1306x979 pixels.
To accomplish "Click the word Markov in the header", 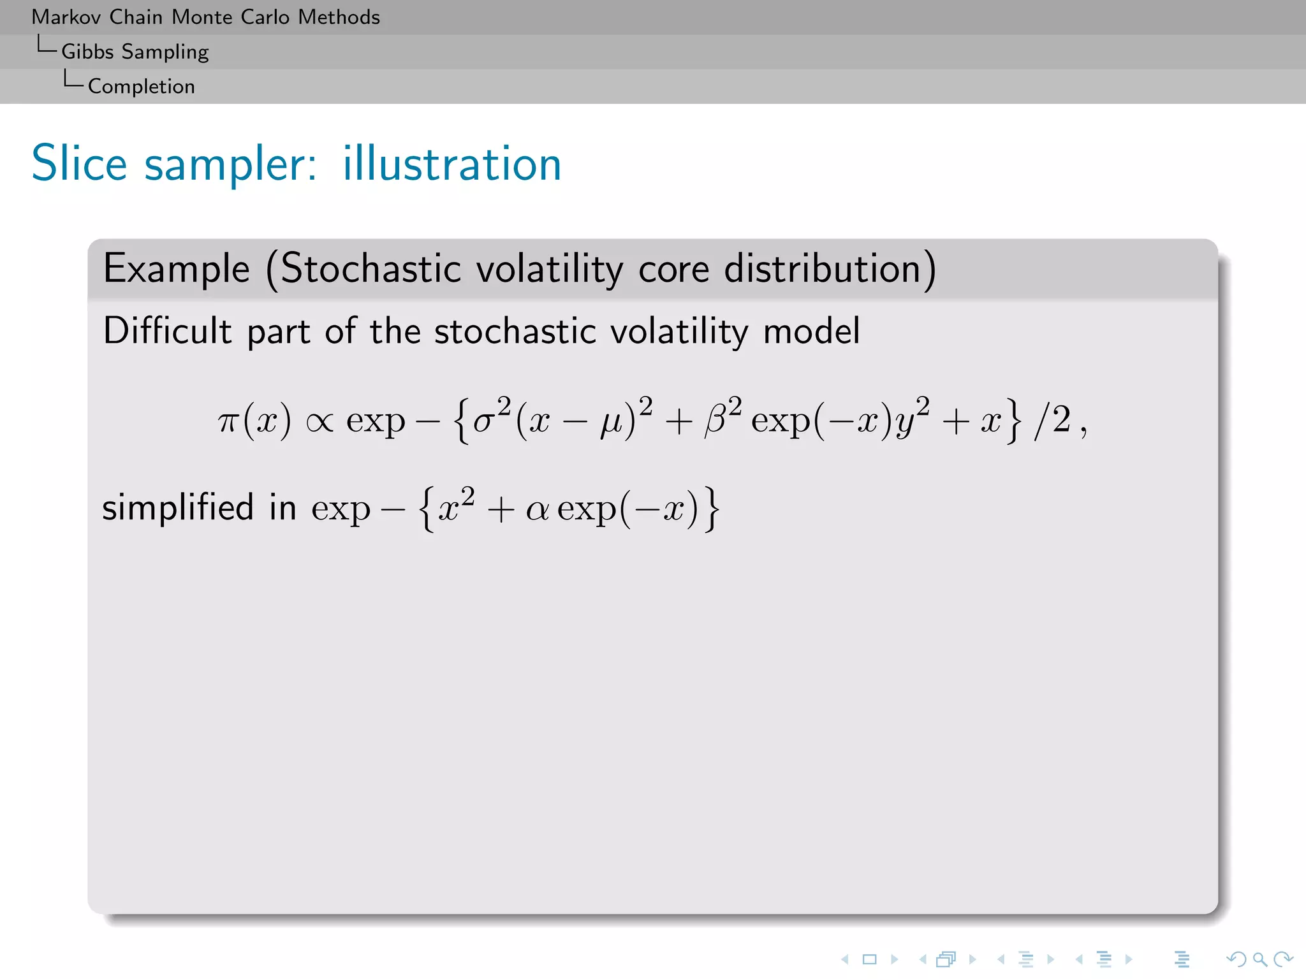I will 66,17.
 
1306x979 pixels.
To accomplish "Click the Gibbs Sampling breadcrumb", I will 135,52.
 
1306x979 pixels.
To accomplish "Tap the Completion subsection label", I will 141,86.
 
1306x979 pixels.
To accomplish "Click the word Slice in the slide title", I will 79,164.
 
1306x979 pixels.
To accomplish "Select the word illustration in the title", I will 451,164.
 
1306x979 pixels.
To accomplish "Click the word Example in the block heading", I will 177,268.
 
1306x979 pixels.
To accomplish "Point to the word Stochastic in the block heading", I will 371,268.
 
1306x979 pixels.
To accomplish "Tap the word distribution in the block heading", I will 823,268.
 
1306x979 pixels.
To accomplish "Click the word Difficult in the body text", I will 167,331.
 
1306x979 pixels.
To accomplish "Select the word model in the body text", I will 812,331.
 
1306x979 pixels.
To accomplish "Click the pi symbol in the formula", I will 228,422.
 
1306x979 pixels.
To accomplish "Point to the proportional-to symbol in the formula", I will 319,422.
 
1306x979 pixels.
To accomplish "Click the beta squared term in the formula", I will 723,417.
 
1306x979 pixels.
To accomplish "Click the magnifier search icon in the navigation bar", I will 1259,959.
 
